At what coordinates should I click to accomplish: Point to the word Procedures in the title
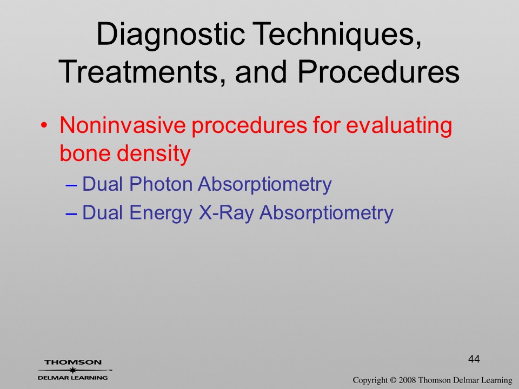click(378, 71)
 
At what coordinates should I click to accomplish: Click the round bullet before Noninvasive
click(44, 126)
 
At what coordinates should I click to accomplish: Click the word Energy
click(161, 213)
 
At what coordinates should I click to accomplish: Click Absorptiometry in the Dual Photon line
click(265, 185)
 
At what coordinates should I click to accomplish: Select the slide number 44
click(474, 359)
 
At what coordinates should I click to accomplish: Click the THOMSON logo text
click(73, 363)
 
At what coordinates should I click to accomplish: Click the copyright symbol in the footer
click(393, 380)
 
